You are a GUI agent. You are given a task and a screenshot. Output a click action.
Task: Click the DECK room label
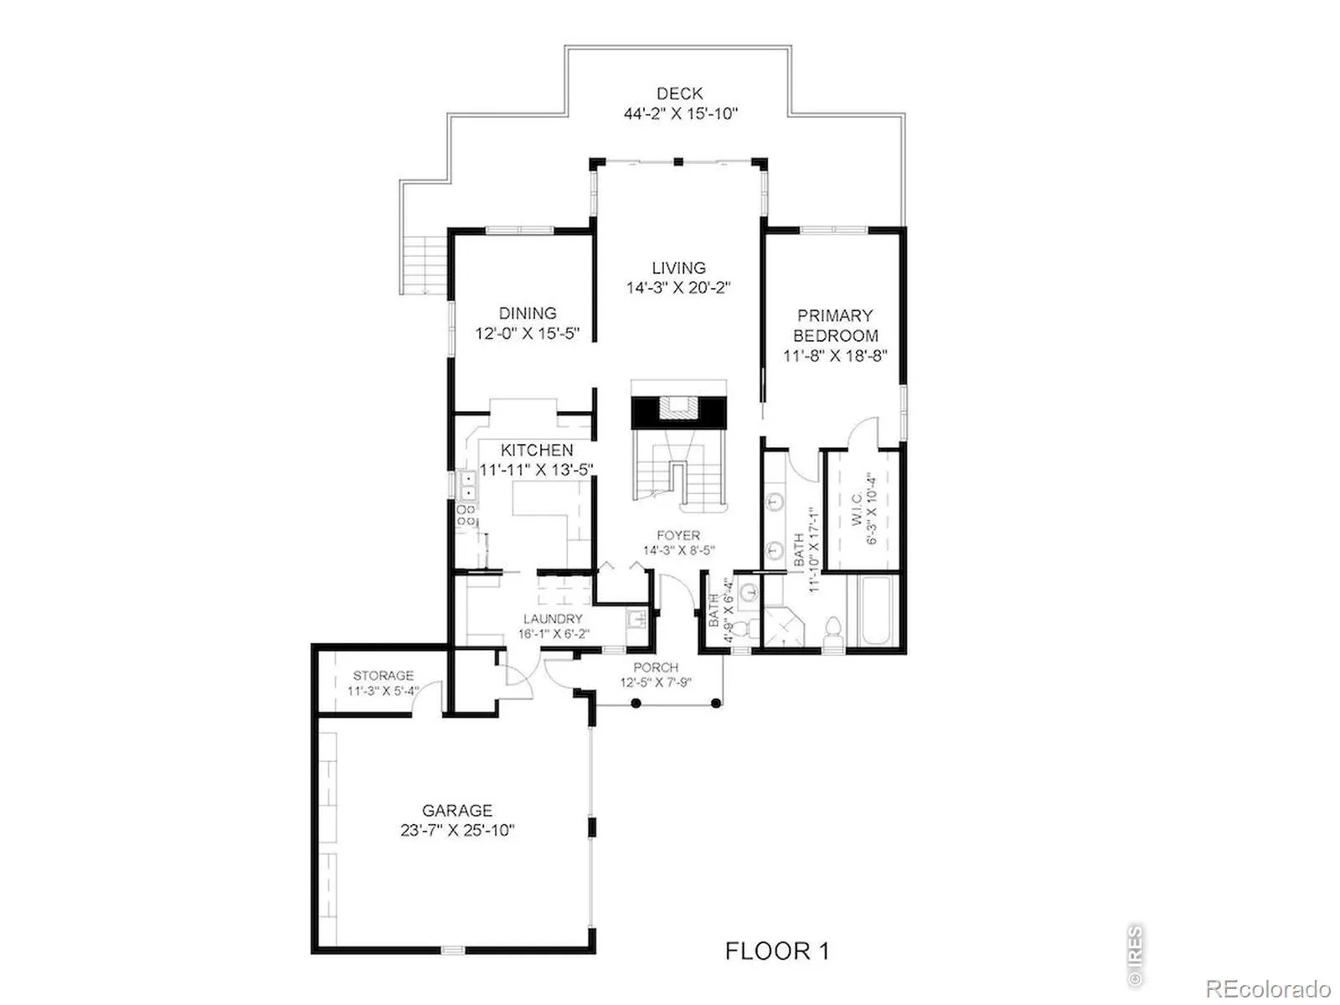[x=679, y=93]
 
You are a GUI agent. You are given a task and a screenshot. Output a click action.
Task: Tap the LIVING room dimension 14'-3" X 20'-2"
[x=678, y=287]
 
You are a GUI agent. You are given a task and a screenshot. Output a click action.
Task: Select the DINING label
[x=528, y=313]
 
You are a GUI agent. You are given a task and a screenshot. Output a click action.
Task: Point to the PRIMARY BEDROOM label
[x=834, y=325]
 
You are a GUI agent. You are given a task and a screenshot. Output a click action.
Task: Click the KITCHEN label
[x=537, y=450]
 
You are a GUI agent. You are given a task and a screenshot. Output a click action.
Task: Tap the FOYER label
[x=678, y=535]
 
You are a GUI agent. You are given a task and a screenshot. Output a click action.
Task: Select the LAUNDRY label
[x=553, y=619]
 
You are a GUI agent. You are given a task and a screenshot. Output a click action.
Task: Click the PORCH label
[x=656, y=667]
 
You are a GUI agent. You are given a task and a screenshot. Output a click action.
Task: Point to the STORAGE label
[x=383, y=676]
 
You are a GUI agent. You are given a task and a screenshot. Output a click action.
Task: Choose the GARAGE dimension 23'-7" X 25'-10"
[x=457, y=831]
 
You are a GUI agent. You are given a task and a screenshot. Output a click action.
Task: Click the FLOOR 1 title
[x=777, y=951]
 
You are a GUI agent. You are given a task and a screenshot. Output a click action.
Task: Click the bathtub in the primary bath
[x=876, y=611]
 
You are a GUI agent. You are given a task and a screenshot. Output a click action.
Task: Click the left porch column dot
[x=636, y=703]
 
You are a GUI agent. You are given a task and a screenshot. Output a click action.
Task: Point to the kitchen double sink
[x=468, y=485]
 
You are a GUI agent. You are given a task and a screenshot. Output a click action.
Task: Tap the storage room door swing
[x=426, y=696]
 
